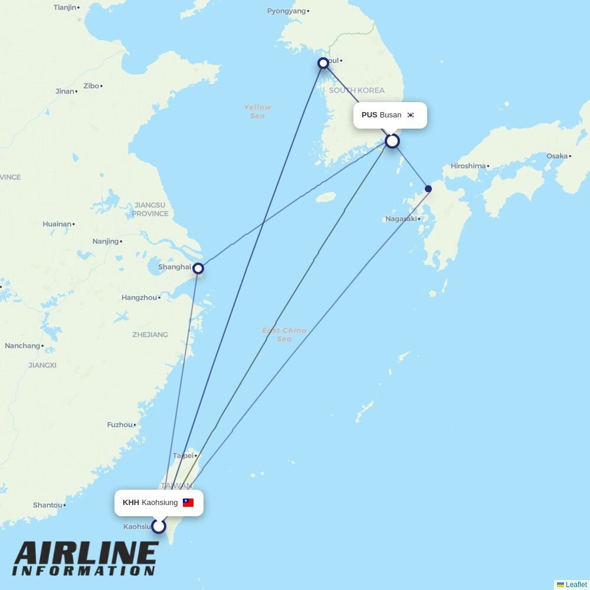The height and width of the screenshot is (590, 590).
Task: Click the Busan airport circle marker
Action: click(x=392, y=141)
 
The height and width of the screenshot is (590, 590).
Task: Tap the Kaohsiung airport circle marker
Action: click(x=159, y=526)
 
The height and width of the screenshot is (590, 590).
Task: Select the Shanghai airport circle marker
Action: click(x=198, y=268)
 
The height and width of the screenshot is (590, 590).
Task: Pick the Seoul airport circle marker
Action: click(x=323, y=63)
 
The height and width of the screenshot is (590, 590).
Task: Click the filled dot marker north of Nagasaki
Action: click(x=428, y=189)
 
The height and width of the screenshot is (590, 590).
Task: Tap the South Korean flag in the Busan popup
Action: click(x=411, y=115)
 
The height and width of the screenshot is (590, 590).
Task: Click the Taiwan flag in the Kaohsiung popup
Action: click(x=188, y=503)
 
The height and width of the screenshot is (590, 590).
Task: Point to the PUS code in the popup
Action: click(x=369, y=115)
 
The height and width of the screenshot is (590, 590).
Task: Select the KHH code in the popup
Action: click(x=131, y=503)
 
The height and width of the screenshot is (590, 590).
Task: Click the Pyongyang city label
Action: click(x=287, y=11)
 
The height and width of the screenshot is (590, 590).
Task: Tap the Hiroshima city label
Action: click(x=468, y=166)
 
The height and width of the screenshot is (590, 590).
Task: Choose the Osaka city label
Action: click(x=556, y=156)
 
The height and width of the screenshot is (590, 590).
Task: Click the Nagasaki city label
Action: click(x=401, y=219)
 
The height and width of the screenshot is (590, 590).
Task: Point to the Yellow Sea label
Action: click(x=258, y=112)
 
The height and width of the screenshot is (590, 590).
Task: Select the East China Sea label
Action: click(x=284, y=335)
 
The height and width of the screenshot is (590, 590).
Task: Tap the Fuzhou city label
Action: click(x=120, y=425)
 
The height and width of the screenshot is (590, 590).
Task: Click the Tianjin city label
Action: click(x=65, y=8)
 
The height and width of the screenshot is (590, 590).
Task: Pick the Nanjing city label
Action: click(x=106, y=241)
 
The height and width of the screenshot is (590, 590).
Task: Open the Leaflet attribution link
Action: click(x=576, y=585)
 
